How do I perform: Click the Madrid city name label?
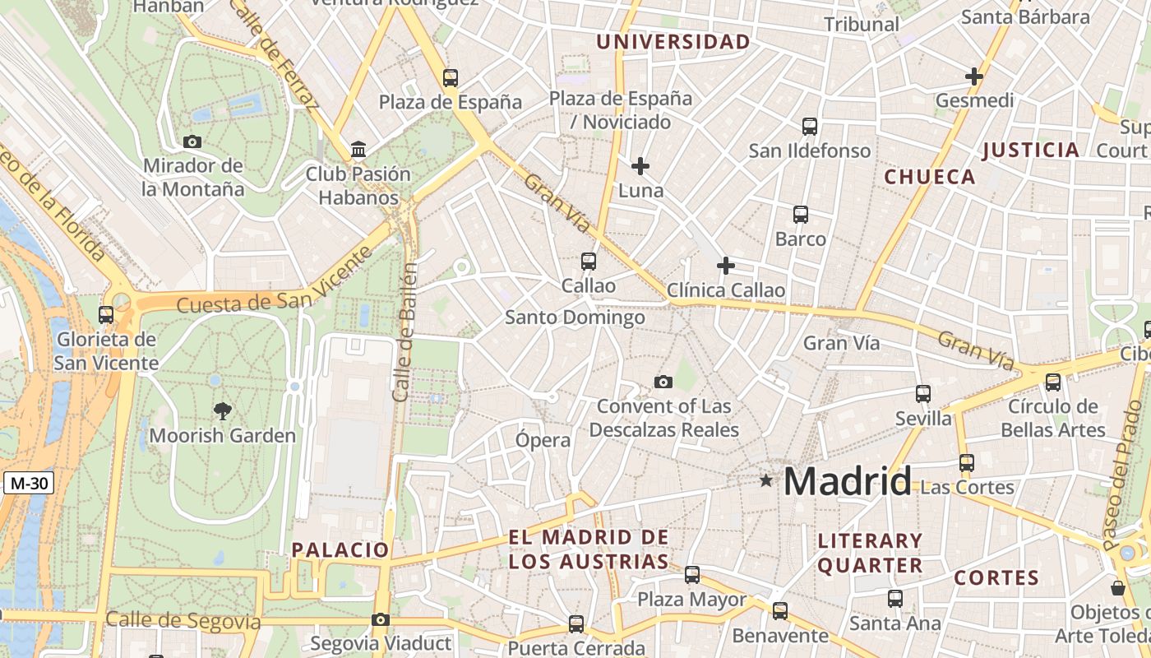(x=848, y=481)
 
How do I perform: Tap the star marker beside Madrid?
(x=766, y=480)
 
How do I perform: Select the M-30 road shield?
(x=29, y=483)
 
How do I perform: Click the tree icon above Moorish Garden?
(x=222, y=410)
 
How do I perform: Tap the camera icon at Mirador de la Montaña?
(x=192, y=141)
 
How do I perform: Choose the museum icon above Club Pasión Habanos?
(x=358, y=150)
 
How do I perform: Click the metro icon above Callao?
(x=589, y=262)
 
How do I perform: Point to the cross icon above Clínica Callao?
(x=725, y=266)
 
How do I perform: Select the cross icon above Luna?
(x=640, y=166)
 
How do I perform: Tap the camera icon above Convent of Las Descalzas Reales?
(x=663, y=382)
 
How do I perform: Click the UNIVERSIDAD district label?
(x=673, y=42)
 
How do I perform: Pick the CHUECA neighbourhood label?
(x=930, y=177)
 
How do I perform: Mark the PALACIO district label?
(x=340, y=549)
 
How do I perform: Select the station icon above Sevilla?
(x=923, y=394)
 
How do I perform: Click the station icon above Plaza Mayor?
(x=692, y=575)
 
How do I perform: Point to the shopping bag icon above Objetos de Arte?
(x=1118, y=588)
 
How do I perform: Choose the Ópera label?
(x=543, y=440)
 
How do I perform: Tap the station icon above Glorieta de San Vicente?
(x=106, y=314)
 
